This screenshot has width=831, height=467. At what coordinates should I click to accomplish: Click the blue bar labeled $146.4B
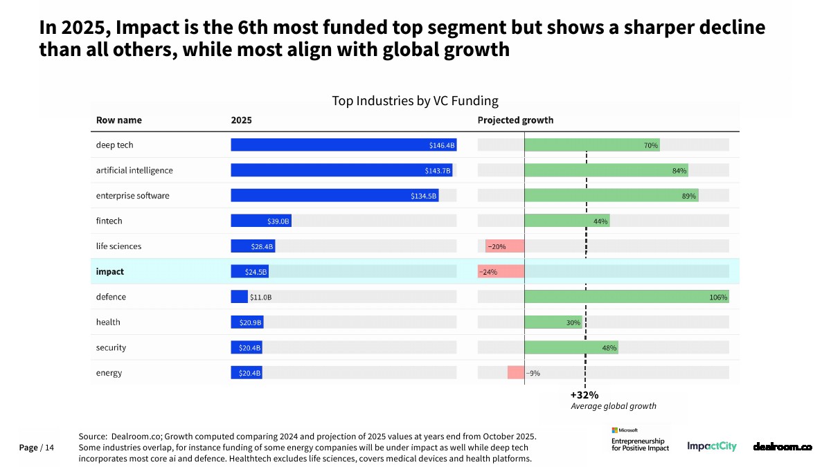pos(343,145)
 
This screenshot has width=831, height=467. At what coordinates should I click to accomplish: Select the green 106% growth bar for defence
pos(627,297)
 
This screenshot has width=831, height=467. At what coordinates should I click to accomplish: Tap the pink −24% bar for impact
pos(501,272)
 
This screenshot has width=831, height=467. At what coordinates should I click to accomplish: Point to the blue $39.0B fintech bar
pos(261,221)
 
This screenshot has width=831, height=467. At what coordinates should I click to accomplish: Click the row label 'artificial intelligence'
pos(134,170)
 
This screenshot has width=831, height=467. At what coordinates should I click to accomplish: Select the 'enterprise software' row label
pos(132,196)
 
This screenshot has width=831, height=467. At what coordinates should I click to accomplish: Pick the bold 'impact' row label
pos(110,272)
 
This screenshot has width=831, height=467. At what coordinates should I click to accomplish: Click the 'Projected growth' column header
pos(515,120)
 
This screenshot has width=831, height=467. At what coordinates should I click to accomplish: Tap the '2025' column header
pos(241,120)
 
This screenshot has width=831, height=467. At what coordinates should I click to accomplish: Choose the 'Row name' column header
pos(118,120)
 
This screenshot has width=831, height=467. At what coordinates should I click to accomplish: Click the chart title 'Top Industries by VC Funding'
pos(415,101)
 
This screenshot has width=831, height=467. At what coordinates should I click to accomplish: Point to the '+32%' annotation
pos(584,395)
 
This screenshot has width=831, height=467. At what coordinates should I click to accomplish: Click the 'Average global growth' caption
pos(613,406)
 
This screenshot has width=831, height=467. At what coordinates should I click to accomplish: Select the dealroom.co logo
pos(782,447)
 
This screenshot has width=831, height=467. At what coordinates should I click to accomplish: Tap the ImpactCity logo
pos(712,446)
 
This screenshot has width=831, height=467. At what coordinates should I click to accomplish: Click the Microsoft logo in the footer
pos(625,430)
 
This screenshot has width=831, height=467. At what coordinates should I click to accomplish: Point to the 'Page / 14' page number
pos(37,448)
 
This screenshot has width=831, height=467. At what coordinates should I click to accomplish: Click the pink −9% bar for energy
pos(515,373)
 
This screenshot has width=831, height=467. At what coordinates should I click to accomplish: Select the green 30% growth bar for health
pos(553,322)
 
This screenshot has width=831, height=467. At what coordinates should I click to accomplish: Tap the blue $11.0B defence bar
pos(239,297)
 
